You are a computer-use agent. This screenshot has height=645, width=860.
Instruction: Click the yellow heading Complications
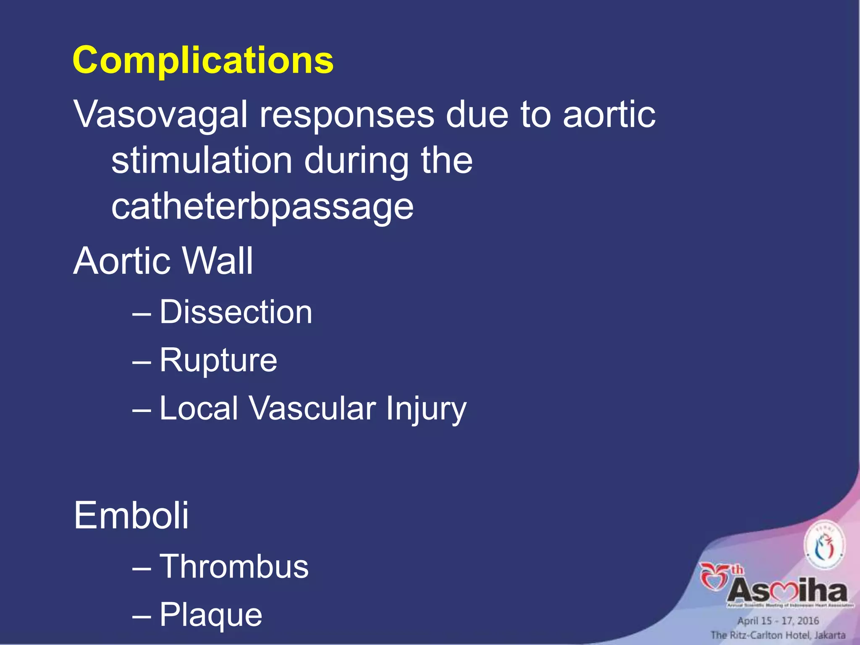click(x=203, y=60)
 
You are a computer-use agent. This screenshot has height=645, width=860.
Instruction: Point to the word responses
click(x=346, y=114)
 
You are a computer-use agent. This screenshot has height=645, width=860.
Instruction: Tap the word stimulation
click(x=202, y=160)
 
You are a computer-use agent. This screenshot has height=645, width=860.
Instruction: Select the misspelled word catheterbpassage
click(x=262, y=207)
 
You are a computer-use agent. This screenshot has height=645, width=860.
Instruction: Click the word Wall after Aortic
click(x=217, y=261)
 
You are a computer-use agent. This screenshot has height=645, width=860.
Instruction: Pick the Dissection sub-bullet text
click(x=236, y=312)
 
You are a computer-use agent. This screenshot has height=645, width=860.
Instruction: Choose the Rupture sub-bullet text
click(x=218, y=360)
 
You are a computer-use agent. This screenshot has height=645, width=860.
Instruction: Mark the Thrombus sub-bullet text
click(x=234, y=566)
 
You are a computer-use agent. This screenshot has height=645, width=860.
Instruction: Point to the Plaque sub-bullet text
click(x=211, y=614)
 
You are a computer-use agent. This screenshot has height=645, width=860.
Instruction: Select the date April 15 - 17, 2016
click(x=778, y=621)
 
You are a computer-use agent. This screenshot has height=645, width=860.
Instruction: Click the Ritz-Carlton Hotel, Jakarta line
click(x=778, y=635)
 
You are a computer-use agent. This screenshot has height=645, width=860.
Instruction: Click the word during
click(x=356, y=160)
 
